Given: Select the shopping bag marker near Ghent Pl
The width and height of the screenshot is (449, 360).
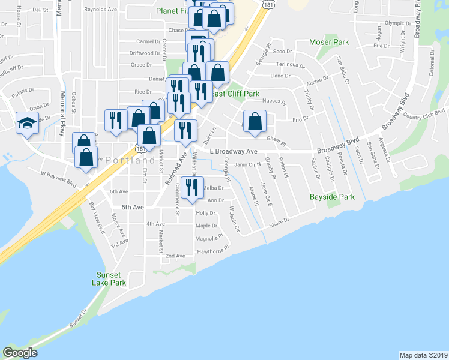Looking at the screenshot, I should [x=255, y=121].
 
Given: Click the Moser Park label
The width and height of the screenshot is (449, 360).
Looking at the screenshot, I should [x=328, y=43].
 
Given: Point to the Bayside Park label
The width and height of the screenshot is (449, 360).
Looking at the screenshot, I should [x=332, y=197].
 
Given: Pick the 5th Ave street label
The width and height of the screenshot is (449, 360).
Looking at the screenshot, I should [x=133, y=207].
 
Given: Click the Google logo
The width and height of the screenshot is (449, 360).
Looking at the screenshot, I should [x=20, y=353].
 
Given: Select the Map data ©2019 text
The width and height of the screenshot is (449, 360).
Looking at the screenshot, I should [x=424, y=355].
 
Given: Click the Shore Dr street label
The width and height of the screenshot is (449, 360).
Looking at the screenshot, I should [x=279, y=222].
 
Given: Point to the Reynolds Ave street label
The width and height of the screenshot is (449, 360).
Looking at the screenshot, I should [x=101, y=10].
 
